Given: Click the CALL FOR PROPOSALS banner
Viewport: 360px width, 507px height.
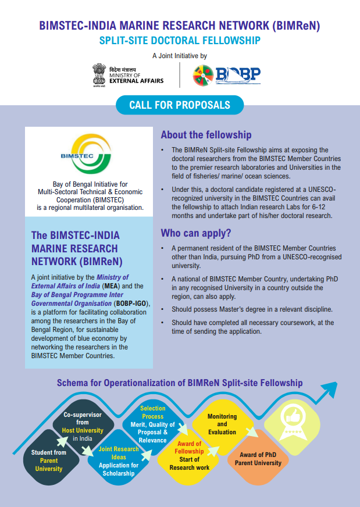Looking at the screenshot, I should tap(179, 105).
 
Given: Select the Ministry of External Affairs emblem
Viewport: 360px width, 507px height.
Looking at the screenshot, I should tap(99, 74).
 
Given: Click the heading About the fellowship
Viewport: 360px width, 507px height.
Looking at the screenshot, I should tap(206, 135).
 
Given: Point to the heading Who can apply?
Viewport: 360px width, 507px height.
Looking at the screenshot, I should tap(196, 233).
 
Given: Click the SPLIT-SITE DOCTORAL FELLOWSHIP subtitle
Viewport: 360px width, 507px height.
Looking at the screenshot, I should tap(180, 41).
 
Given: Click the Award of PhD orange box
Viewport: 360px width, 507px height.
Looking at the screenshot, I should tap(258, 459).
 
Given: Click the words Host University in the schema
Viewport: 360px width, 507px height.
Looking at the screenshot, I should tap(83, 430).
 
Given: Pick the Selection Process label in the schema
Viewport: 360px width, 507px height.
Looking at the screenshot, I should tap(152, 412).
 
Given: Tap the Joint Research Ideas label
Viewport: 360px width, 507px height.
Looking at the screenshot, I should tap(119, 453).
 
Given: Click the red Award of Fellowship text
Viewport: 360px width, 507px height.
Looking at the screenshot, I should tap(190, 448).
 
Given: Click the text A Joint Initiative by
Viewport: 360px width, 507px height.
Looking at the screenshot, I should tap(179, 56).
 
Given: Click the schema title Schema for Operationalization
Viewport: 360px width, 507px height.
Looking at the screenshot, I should tap(179, 383).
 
